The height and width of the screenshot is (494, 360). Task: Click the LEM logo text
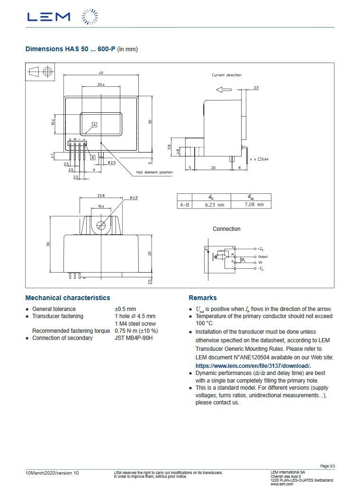pos(49,17)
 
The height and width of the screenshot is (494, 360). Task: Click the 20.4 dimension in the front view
pos(101,84)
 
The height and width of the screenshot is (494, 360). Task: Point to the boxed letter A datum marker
pos(94,125)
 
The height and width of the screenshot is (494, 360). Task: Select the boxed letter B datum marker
pos(93,157)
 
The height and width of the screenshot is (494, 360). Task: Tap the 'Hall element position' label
pos(154,172)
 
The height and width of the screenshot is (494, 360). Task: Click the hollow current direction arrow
pos(223,90)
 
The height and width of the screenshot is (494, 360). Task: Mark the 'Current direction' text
pos(226,75)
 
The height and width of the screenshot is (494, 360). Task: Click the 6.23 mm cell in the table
pos(215,205)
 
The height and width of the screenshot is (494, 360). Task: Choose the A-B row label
pos(185,205)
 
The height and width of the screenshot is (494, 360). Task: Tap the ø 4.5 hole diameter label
pos(134,197)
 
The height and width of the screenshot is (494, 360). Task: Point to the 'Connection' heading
pos(226,229)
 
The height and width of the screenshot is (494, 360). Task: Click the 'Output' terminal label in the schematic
pos(263,256)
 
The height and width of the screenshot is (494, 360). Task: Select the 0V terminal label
pos(261,262)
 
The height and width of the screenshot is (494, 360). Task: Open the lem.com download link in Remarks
pos(253,366)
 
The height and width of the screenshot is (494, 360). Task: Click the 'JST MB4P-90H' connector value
pos(134,338)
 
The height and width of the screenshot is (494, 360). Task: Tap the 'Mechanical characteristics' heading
pos(67,298)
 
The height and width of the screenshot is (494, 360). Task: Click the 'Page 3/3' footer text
pos(327,466)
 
